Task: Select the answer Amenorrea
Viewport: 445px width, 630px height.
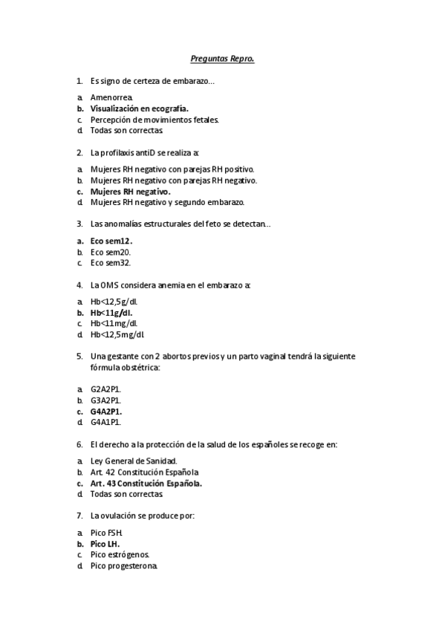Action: click(x=111, y=97)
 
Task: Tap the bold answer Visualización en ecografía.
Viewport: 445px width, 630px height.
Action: click(x=139, y=108)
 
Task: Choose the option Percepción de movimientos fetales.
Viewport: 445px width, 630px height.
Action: click(x=154, y=120)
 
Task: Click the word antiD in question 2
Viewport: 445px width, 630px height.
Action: click(x=149, y=152)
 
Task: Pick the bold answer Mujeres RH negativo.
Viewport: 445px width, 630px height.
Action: click(x=130, y=191)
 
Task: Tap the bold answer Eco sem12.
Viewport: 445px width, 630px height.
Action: click(x=111, y=241)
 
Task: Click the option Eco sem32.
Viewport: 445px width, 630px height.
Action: click(x=111, y=262)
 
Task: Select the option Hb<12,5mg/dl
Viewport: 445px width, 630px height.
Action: click(x=117, y=334)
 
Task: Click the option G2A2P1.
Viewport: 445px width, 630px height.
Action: click(x=106, y=389)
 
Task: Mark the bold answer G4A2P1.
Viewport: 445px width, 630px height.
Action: click(x=106, y=411)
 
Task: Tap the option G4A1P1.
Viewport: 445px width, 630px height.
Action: click(x=106, y=422)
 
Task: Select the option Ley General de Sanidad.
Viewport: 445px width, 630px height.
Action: click(x=134, y=461)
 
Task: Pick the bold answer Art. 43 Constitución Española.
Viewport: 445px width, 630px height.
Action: click(x=146, y=483)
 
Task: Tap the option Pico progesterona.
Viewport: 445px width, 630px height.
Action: click(x=124, y=565)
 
